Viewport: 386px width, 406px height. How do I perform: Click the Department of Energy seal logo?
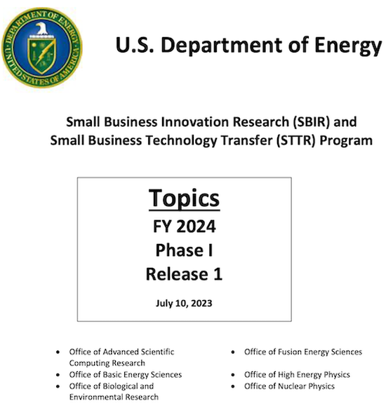41,41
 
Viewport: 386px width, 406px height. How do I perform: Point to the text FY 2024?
184,226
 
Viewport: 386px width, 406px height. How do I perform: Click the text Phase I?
184,250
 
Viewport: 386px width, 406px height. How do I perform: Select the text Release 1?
184,274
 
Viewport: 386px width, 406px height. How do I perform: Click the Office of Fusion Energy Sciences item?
302,351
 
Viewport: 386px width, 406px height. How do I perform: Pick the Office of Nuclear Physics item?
289,386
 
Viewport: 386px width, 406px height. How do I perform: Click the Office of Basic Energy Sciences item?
126,375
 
